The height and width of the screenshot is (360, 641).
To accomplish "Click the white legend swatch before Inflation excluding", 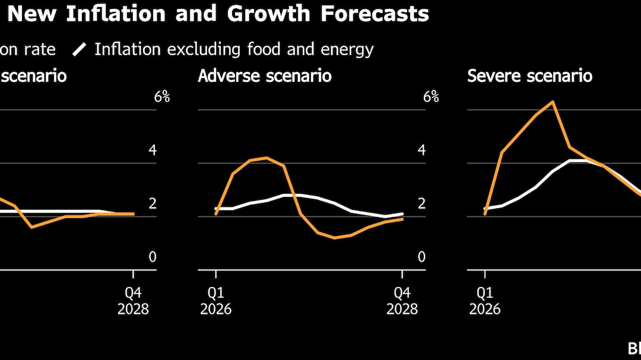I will point(80,50).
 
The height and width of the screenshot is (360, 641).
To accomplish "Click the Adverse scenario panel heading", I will point(265,77).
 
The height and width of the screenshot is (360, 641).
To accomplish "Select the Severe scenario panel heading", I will point(530,77).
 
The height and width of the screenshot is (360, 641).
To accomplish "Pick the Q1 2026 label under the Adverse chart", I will point(216,301).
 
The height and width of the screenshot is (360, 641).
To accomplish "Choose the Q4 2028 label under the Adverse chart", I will point(402,301).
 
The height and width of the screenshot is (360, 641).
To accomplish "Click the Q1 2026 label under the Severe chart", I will point(485,301).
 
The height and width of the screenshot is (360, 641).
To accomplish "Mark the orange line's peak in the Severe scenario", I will point(553,101).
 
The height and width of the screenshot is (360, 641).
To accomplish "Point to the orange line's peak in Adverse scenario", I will point(267,158).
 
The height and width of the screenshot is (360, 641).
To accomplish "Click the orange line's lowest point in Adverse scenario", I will point(335,238).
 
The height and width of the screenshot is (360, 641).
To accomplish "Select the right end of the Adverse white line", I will point(403,214).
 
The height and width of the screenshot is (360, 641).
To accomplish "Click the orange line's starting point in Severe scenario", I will point(485,214).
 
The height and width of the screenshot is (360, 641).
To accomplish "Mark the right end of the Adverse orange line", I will point(403,219).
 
